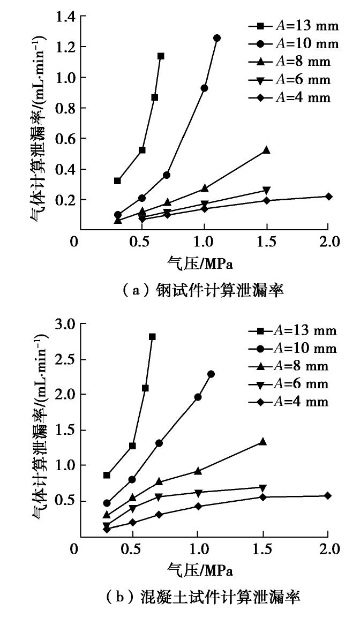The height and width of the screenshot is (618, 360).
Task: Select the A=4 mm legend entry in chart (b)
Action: click(x=292, y=402)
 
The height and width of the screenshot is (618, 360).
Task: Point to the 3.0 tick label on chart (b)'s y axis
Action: click(x=65, y=324)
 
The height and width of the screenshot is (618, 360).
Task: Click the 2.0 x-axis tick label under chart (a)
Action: click(x=328, y=242)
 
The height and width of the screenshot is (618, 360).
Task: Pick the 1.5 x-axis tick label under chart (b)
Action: click(x=263, y=549)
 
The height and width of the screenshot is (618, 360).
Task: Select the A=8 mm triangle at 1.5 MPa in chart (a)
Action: click(x=266, y=150)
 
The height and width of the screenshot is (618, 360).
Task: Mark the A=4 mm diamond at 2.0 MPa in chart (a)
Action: click(x=328, y=197)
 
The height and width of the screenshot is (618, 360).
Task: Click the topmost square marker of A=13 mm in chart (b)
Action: click(x=152, y=337)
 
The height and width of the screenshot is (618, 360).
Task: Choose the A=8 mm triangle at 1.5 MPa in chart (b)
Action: click(x=262, y=442)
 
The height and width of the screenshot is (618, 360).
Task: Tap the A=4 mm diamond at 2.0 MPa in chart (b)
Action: click(x=327, y=496)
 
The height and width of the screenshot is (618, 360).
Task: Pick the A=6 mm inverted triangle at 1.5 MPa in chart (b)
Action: click(x=262, y=488)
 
